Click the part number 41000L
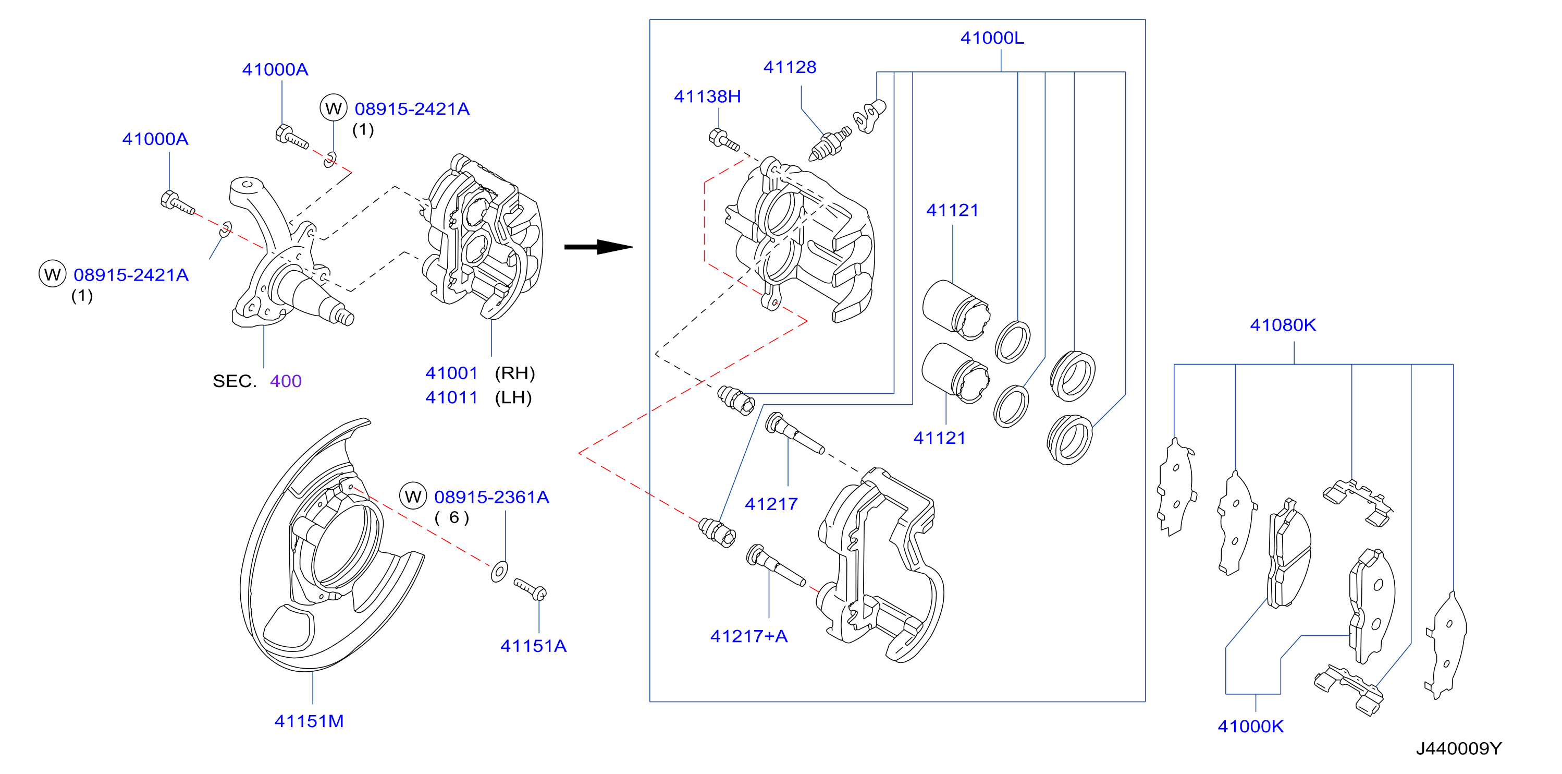[x=992, y=38]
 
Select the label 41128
[x=790, y=67]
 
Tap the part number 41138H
[x=707, y=96]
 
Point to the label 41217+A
[x=749, y=636]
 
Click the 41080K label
[x=1283, y=325]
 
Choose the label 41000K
[x=1250, y=726]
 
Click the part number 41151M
[x=309, y=721]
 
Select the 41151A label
[x=533, y=646]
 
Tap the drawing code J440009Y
[x=1458, y=748]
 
